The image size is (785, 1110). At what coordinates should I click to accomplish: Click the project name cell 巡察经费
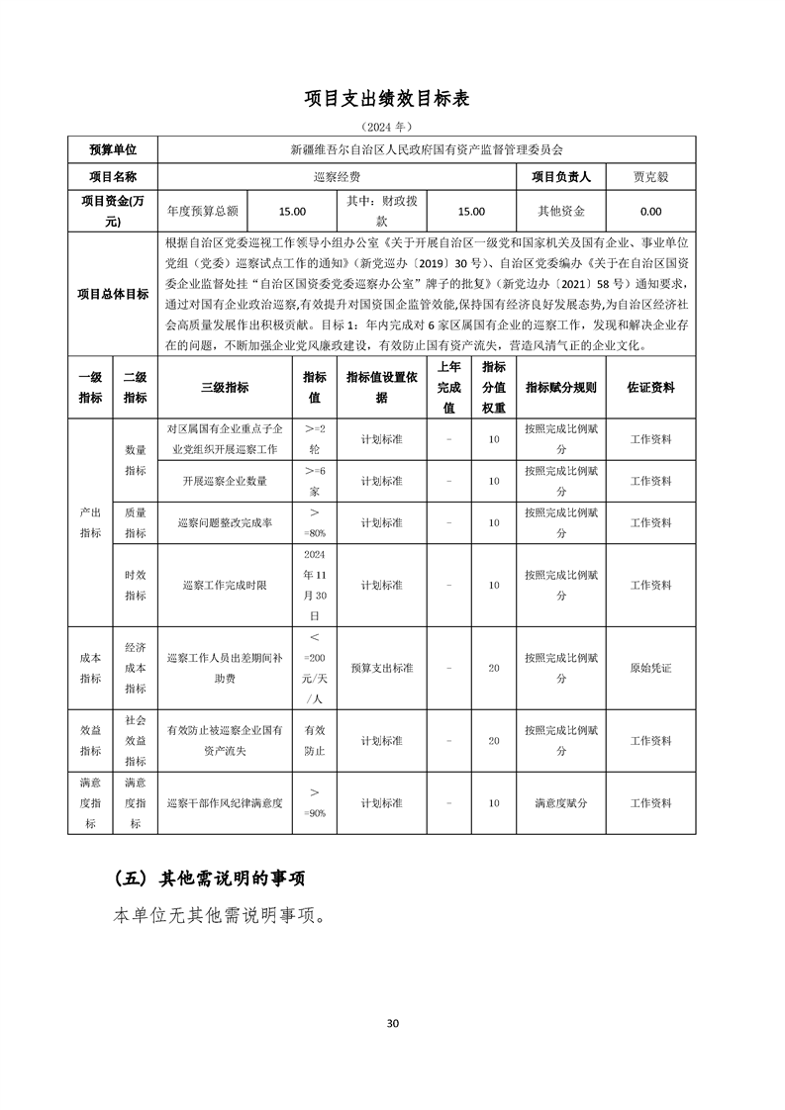tap(338, 177)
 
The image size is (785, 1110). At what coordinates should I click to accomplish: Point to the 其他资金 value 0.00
tap(650, 211)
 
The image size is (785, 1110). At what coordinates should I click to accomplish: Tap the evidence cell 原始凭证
tap(650, 669)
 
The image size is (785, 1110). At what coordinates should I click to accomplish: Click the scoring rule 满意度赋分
tap(561, 803)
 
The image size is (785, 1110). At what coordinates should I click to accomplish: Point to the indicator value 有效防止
tap(314, 740)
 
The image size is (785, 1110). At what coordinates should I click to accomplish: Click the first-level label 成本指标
tap(90, 669)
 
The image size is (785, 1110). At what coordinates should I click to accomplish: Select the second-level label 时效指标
tap(135, 586)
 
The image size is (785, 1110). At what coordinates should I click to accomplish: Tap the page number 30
tap(393, 1023)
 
